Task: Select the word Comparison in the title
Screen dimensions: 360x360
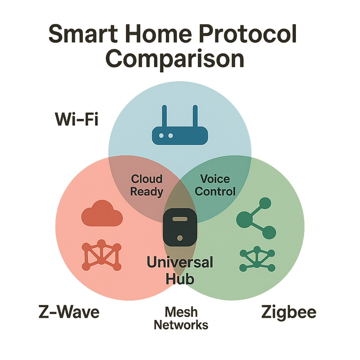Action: [175, 58]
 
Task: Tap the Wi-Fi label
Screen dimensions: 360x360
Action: [77, 120]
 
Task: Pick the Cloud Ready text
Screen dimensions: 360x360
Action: [147, 185]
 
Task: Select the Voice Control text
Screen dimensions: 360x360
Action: [215, 185]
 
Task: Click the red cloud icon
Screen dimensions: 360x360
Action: [102, 213]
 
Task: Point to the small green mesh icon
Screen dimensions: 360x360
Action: [257, 259]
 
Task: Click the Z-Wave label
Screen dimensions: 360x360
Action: [69, 312]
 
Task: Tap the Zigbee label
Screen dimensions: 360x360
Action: [289, 312]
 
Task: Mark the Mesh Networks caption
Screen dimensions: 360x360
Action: [181, 318]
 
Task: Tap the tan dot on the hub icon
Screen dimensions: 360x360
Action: [180, 238]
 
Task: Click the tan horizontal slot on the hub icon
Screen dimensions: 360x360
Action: [180, 219]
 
